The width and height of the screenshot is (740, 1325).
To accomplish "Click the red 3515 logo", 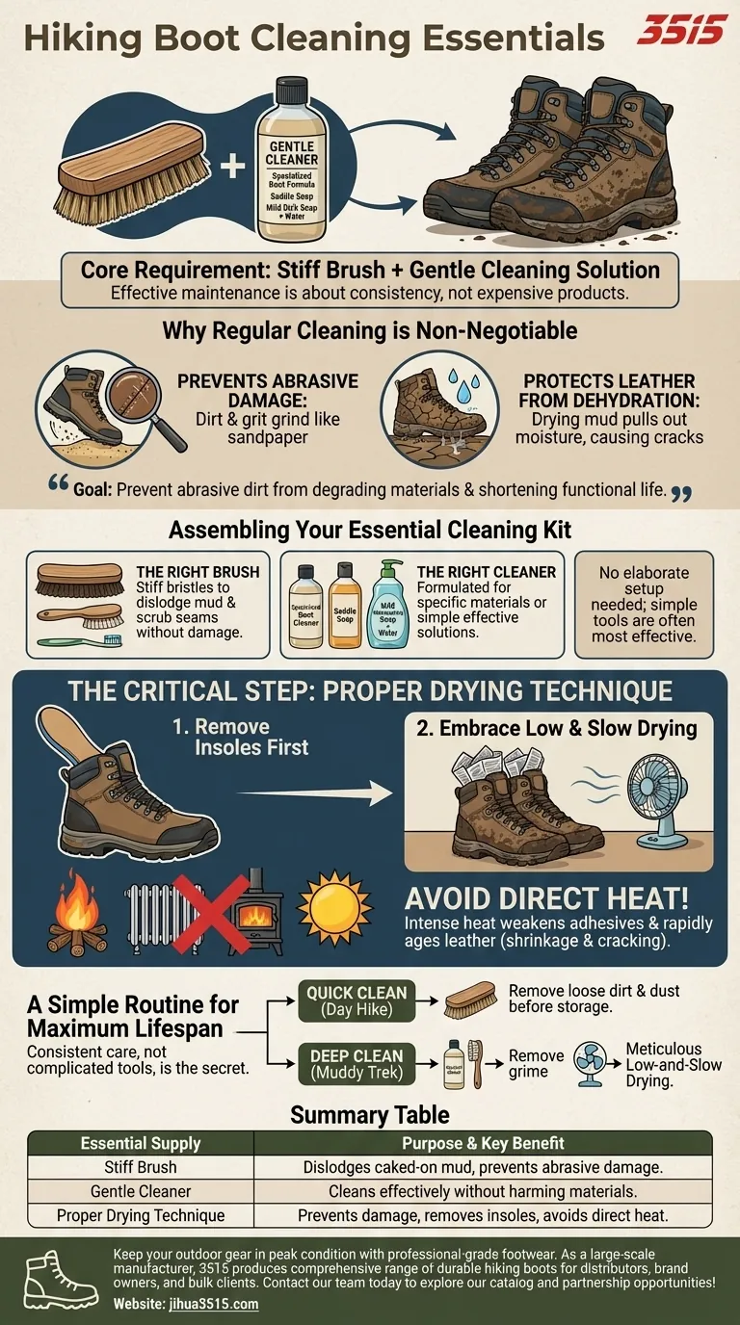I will (x=681, y=30).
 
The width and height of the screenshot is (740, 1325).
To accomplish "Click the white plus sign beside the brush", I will (x=231, y=168).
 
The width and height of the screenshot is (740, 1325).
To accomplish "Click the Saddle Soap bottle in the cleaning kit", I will (x=345, y=604).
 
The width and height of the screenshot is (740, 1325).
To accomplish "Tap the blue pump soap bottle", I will (x=389, y=605).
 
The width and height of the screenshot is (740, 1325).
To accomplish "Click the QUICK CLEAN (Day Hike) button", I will (x=357, y=1001).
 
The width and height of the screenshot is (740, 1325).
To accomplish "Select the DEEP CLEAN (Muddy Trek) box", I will (x=357, y=1062).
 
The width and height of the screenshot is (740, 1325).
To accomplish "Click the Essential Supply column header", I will (x=141, y=1144).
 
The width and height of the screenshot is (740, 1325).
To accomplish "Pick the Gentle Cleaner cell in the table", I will (x=141, y=1191).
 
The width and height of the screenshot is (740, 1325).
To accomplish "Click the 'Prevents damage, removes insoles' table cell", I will (x=483, y=1215).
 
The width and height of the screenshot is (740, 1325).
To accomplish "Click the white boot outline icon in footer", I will (x=55, y=1279).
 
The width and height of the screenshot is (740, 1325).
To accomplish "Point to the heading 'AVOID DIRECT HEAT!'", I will (x=546, y=899).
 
